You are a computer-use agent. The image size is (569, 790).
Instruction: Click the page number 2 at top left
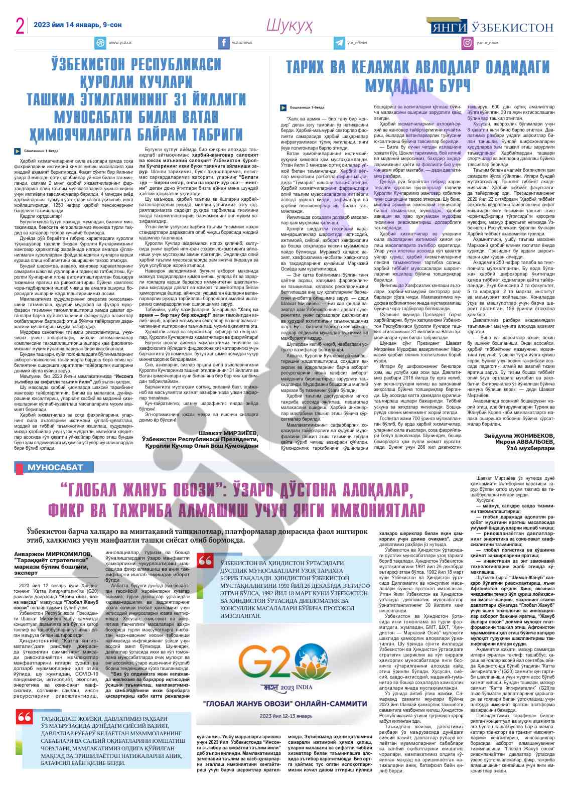21,26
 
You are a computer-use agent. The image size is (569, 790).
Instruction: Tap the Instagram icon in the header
468,43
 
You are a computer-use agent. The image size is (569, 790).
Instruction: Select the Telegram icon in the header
341,43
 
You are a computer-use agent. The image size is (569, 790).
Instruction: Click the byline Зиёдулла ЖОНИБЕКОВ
519,435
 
